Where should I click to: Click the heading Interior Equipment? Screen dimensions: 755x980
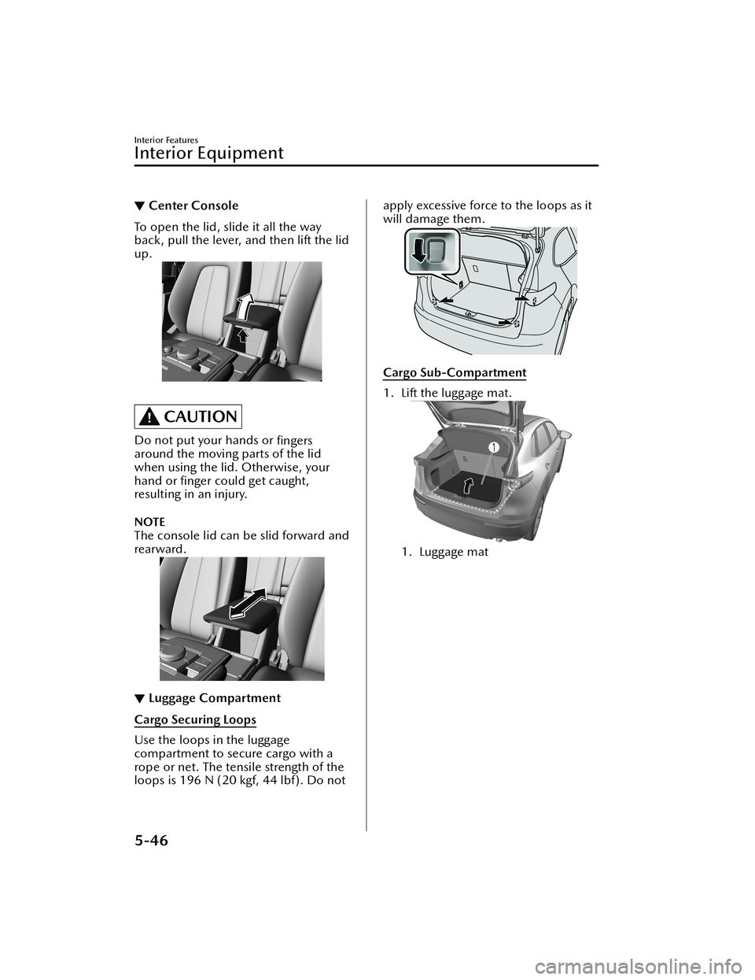coord(209,153)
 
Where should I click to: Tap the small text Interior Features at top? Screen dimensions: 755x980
coord(166,140)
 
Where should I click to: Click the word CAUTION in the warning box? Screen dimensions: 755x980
coord(201,416)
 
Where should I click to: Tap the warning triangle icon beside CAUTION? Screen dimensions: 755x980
coord(149,416)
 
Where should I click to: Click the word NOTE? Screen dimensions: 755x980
coord(150,522)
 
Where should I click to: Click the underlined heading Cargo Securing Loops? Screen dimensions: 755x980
coord(195,719)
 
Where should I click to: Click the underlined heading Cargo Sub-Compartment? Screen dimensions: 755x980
coord(455,373)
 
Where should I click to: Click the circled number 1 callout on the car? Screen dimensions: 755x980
coord(493,447)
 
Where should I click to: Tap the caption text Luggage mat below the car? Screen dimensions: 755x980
coord(454,552)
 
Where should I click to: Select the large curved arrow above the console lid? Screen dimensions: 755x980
coord(245,305)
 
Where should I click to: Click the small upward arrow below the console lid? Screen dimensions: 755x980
coord(243,335)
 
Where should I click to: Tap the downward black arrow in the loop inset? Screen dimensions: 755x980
coord(419,250)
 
